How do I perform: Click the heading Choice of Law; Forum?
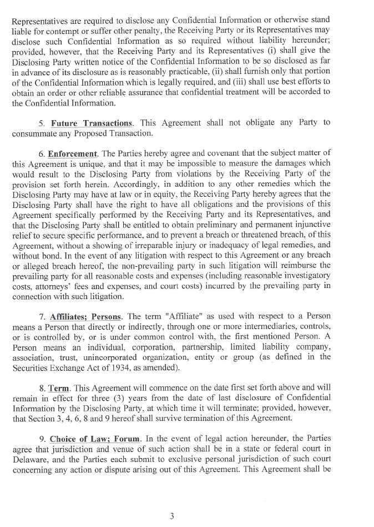tap(94, 439)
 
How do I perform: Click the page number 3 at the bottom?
tap(172, 516)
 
